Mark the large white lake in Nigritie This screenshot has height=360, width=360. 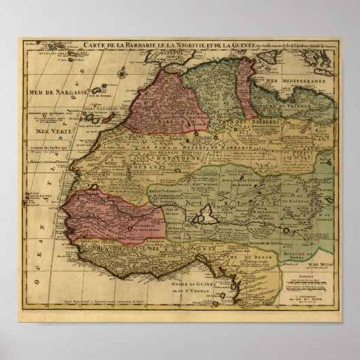[204, 217]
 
